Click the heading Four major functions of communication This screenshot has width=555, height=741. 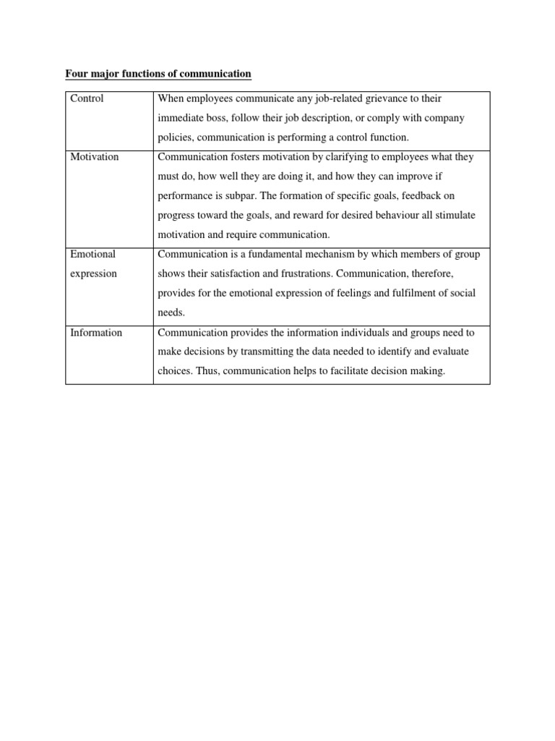coord(158,74)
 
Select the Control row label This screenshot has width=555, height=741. coord(87,98)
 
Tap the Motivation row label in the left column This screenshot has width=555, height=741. coord(95,157)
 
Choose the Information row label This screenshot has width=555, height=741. coord(96,333)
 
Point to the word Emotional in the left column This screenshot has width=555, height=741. coord(92,255)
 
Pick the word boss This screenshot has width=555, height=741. coord(218,118)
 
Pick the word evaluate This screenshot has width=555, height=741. coord(444,352)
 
